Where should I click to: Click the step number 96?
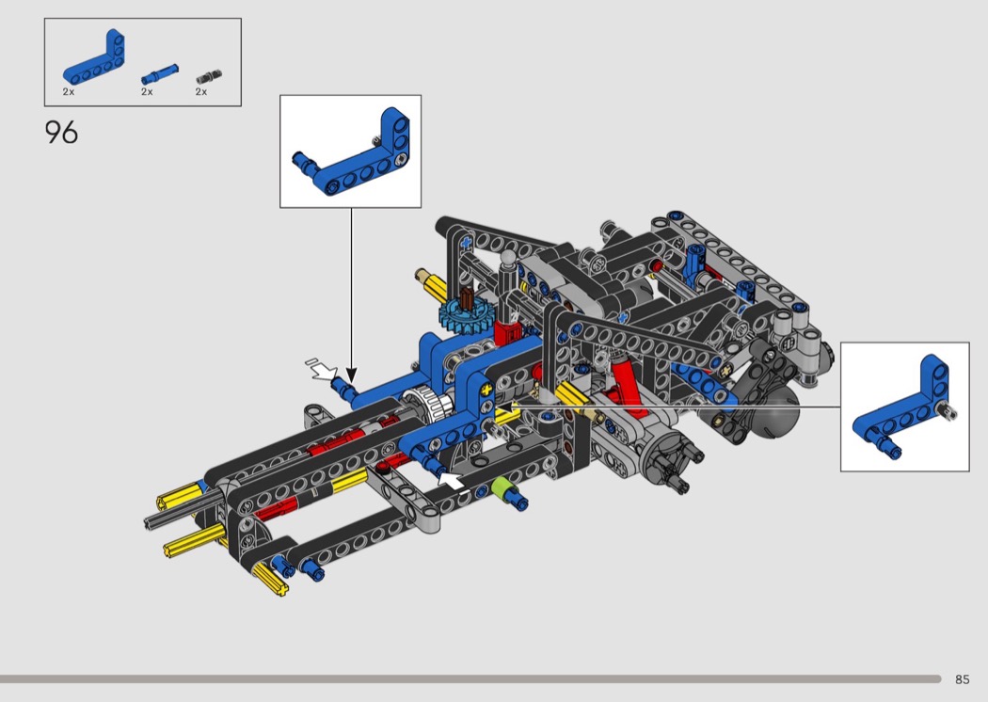click(61, 133)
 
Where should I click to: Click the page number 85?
click(963, 679)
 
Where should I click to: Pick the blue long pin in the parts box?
click(159, 73)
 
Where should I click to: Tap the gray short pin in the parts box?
click(209, 77)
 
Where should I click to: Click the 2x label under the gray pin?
click(201, 92)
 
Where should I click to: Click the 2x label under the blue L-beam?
click(69, 92)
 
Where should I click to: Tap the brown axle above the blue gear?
click(467, 298)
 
